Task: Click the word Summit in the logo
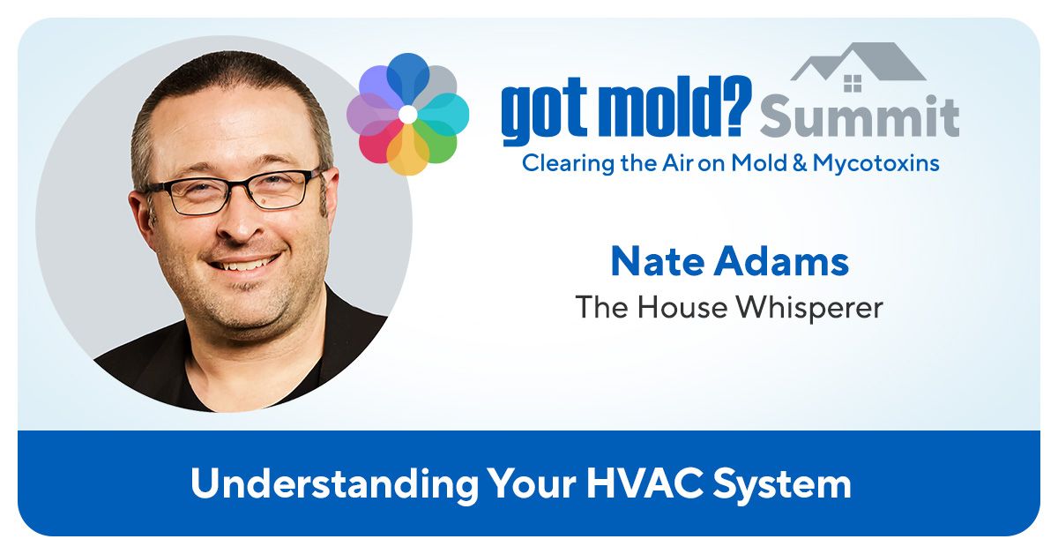860,116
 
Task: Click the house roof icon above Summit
858,62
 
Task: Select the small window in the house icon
853,84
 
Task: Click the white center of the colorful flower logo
407,115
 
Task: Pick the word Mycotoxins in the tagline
875,163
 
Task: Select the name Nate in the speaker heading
659,261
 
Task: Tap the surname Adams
781,261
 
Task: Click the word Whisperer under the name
810,308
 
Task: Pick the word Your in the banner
533,483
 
